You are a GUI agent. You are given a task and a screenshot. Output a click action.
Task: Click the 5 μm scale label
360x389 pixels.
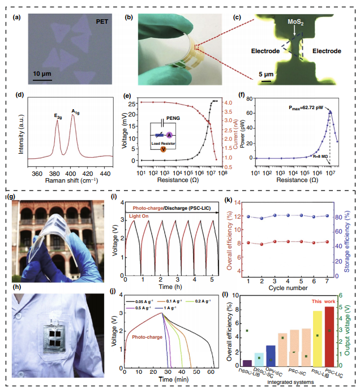[x=260, y=74]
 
